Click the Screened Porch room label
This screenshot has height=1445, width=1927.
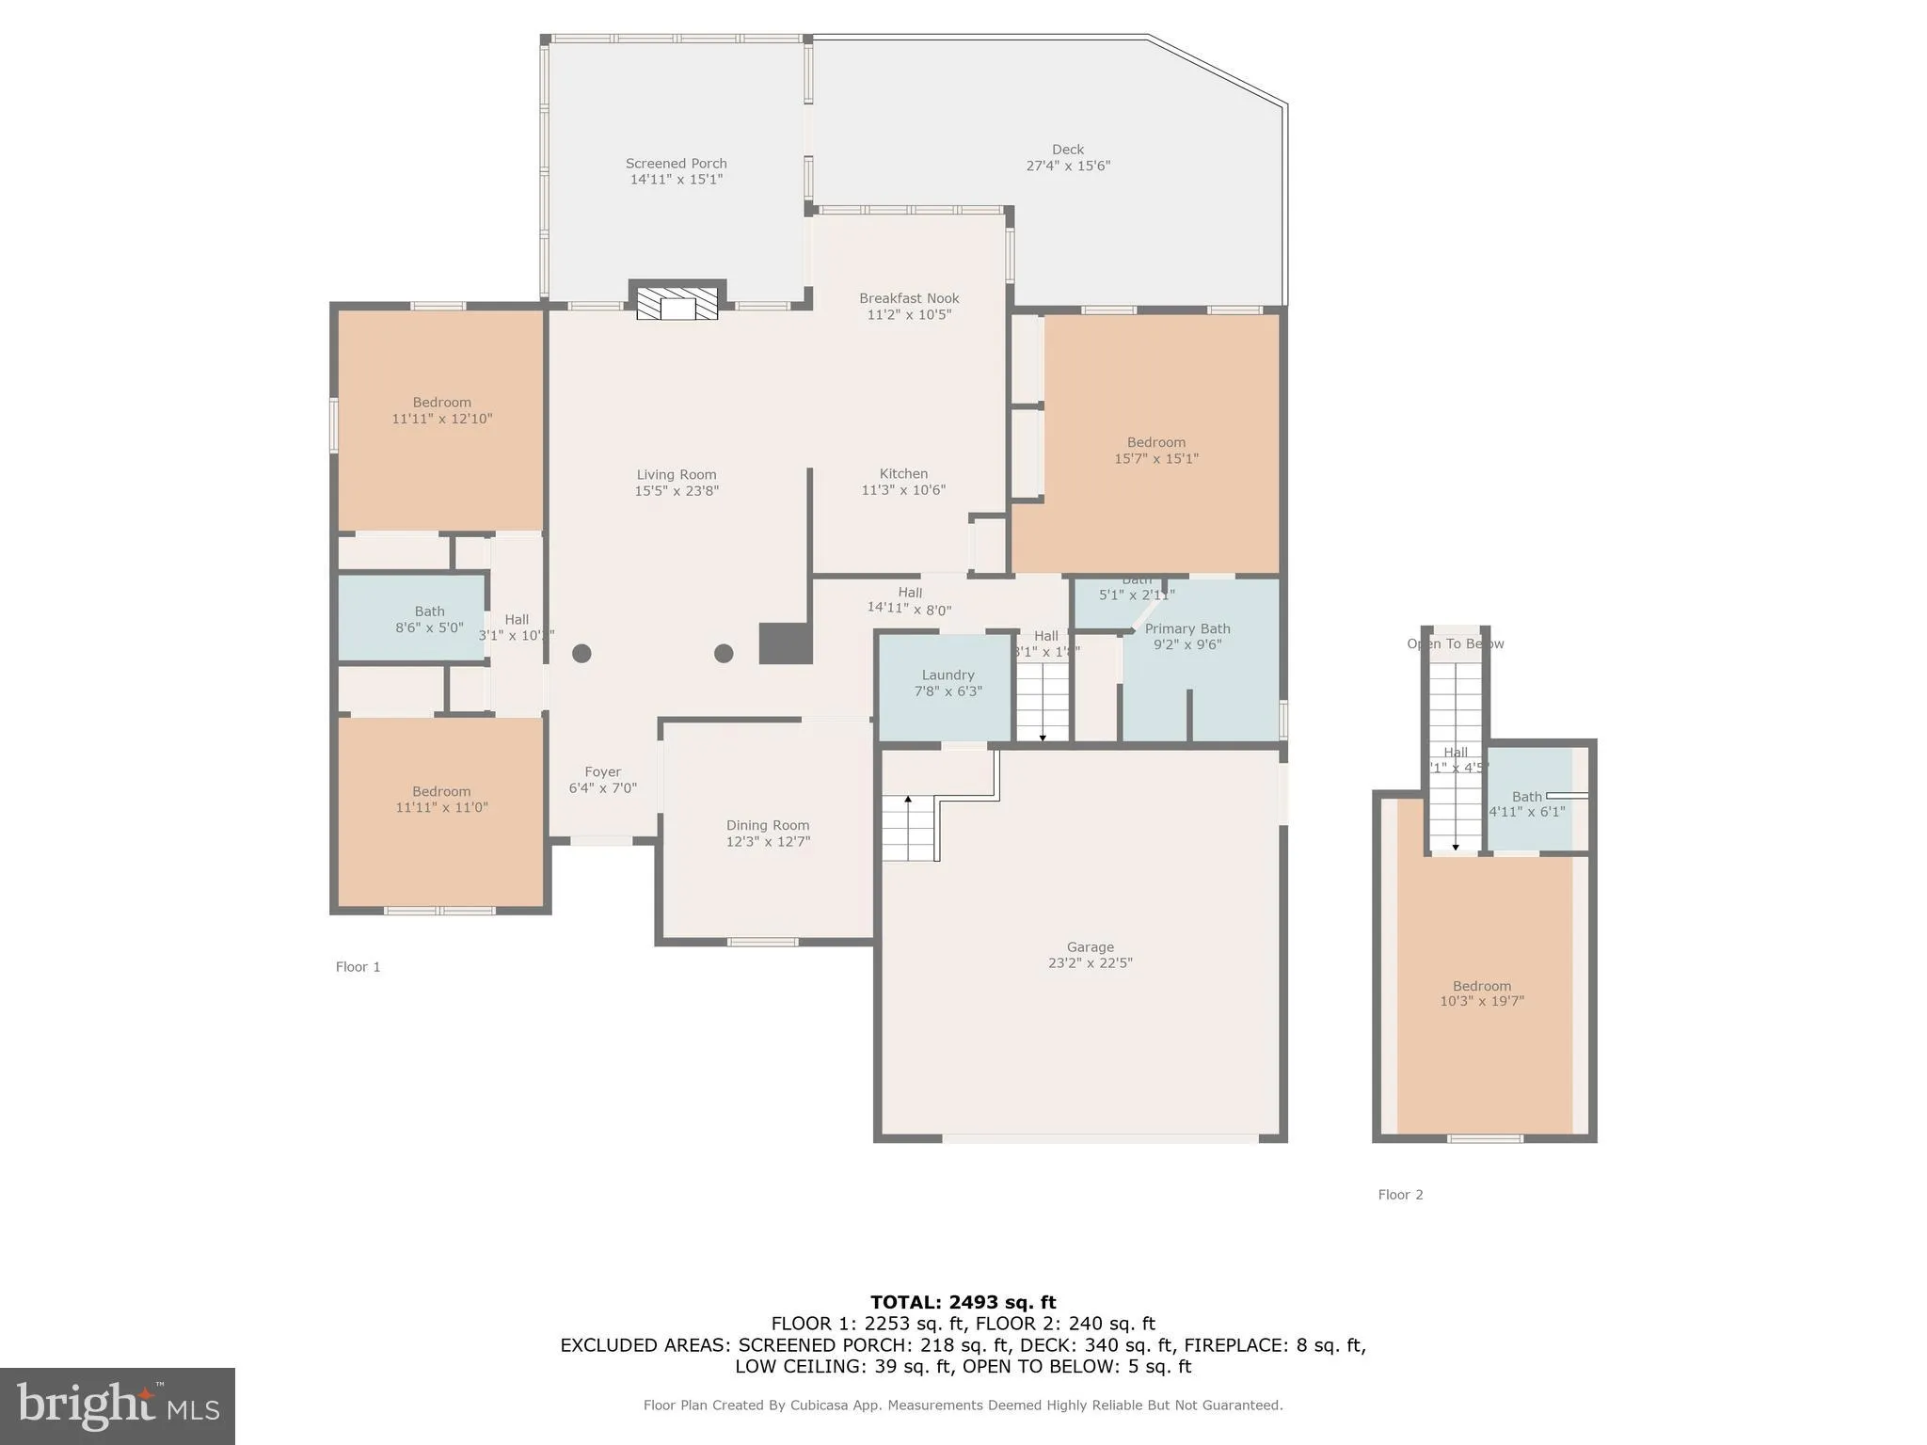click(676, 164)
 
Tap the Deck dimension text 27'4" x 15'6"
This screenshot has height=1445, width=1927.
click(1068, 166)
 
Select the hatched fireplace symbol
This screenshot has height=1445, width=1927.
click(677, 304)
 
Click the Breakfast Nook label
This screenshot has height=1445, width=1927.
click(909, 298)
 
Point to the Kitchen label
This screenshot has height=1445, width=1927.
click(903, 473)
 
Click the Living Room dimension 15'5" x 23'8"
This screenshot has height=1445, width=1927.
click(677, 490)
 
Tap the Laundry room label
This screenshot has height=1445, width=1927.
click(948, 675)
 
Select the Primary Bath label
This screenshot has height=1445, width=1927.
click(1187, 628)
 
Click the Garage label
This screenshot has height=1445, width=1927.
click(1090, 947)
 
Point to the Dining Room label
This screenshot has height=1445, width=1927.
click(768, 825)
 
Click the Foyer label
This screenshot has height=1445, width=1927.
click(602, 771)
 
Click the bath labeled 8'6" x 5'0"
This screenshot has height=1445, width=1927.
click(429, 619)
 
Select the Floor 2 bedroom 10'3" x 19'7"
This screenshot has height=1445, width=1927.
click(1481, 993)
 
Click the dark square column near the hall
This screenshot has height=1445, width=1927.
click(785, 643)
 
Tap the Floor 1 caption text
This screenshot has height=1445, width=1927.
click(358, 967)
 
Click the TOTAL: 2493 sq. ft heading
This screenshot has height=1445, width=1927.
click(963, 1302)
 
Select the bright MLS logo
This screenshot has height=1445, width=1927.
click(118, 1405)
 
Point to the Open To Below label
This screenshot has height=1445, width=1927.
click(1455, 643)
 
